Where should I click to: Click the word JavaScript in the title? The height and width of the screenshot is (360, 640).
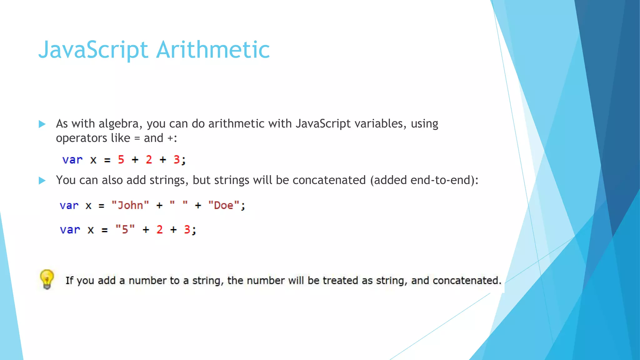(x=93, y=50)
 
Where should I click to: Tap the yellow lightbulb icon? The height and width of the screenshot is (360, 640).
(x=47, y=279)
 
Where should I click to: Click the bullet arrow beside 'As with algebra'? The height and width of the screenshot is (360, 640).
(x=42, y=124)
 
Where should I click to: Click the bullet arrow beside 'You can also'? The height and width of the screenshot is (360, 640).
(x=42, y=180)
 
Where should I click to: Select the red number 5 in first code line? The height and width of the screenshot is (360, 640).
(x=121, y=160)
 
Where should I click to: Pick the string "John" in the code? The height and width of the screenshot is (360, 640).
(x=130, y=205)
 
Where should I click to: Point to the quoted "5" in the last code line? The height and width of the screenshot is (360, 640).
(x=125, y=230)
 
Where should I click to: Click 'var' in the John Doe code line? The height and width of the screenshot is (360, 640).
(x=69, y=205)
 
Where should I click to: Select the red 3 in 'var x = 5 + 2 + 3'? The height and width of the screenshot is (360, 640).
(x=177, y=160)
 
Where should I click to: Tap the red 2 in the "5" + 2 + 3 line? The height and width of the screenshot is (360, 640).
(x=160, y=230)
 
